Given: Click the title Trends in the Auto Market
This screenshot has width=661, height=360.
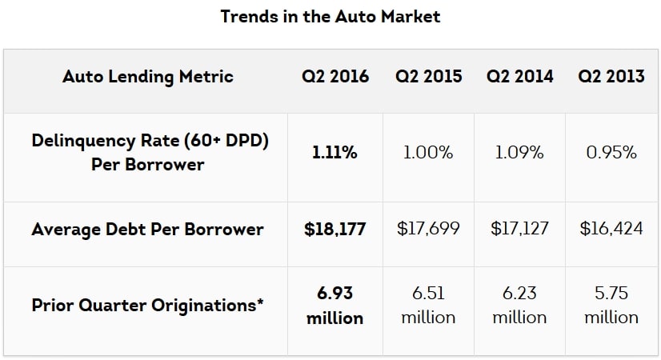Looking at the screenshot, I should point(330,16).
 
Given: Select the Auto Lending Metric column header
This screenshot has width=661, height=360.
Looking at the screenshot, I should point(148,77).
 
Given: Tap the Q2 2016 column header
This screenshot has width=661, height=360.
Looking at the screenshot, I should point(335,77).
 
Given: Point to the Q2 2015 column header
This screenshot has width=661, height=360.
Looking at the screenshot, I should point(428,77).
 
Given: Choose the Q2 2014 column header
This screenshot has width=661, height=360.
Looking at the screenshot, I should point(519,77).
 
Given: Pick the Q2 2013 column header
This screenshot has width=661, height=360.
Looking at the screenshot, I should point(611,77).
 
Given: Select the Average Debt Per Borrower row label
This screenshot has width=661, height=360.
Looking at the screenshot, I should point(148,230).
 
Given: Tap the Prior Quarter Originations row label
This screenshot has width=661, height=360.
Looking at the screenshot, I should point(148,306).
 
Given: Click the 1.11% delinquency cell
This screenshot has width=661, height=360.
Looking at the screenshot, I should point(335,153).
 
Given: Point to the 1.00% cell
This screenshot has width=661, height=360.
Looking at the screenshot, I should point(428,153).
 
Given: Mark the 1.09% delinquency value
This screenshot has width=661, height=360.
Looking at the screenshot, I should point(519,153).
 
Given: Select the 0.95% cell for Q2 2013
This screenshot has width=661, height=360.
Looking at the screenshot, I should point(611,153).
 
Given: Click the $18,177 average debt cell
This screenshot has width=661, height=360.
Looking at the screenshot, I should point(335,230).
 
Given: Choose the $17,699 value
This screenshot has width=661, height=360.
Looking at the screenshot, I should point(428,230).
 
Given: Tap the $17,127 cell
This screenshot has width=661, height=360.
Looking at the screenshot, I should point(519,230).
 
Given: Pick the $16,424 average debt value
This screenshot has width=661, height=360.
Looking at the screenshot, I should point(611,230).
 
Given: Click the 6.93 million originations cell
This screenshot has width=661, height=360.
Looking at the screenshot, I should point(335,306).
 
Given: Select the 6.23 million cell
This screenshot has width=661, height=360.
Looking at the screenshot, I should point(519,306).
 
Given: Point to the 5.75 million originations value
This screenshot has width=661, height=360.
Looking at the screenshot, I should point(611,306).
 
